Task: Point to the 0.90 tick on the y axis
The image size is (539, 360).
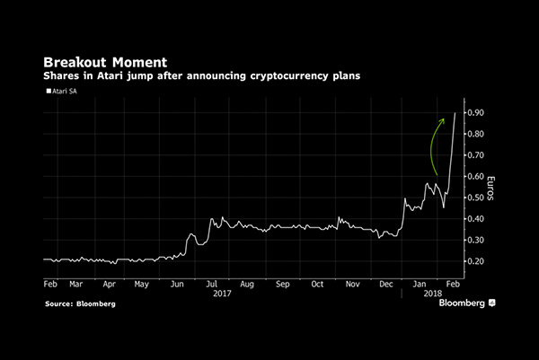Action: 474,113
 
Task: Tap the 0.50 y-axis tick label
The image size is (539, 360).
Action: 474,198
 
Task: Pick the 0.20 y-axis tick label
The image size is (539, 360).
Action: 474,261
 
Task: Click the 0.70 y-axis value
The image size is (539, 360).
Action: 474,155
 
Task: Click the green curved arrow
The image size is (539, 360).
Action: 437,144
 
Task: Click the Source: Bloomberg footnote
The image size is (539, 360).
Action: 80,304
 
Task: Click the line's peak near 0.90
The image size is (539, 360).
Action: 455,114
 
